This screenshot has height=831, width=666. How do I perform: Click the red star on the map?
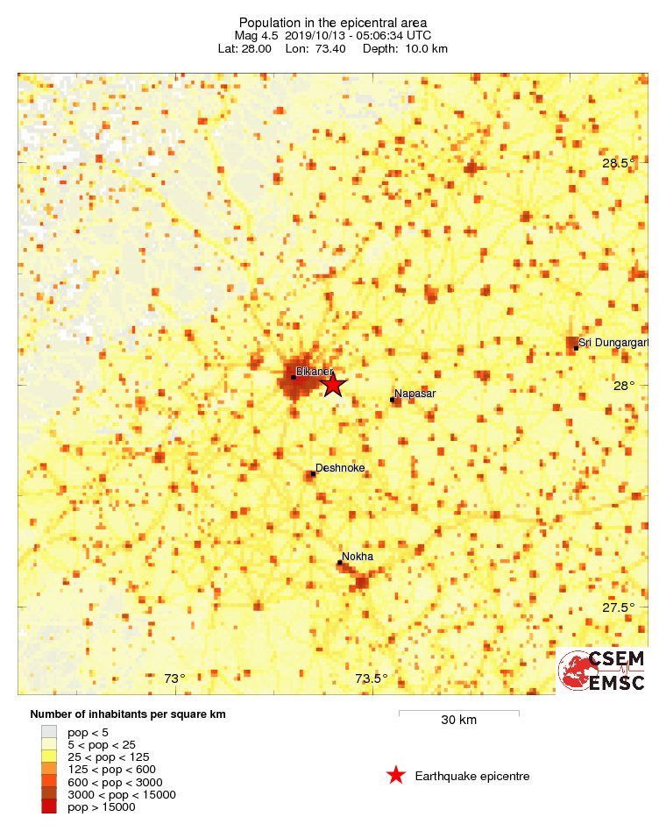pos(333,384)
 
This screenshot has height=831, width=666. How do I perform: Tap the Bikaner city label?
pos(312,372)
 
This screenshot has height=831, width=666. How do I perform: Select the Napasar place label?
pos(414,394)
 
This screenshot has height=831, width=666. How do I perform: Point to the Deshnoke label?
pos(340,468)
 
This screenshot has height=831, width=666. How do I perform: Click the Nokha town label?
pos(358,557)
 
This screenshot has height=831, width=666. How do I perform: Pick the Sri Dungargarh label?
pos(613,342)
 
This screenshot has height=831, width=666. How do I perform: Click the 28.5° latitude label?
pos(618,163)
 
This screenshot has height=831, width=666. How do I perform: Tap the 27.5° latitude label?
pos(618,607)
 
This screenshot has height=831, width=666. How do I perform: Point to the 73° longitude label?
pos(175,678)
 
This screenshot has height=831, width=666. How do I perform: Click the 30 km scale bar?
pos(458,714)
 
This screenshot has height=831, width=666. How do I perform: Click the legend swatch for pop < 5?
pos(49,732)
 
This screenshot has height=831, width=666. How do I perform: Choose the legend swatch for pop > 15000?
pos(49,806)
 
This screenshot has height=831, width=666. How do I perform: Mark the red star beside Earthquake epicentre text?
pos(396,775)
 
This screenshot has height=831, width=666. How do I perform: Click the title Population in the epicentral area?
pos(332,22)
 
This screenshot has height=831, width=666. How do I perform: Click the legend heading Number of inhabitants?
pos(128,714)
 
